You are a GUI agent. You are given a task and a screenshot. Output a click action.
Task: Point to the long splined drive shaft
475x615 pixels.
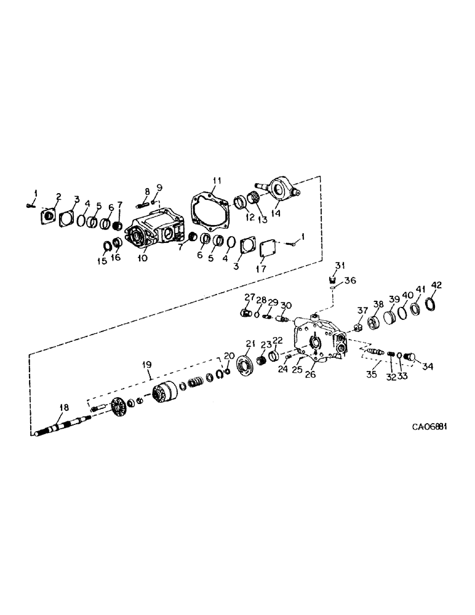tap(62, 427)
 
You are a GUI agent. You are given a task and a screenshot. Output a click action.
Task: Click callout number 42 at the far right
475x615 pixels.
tap(436, 285)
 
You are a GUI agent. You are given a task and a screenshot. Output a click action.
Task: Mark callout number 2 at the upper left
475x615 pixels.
tap(58, 197)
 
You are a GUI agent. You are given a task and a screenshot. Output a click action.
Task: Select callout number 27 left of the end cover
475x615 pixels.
tap(249, 297)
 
